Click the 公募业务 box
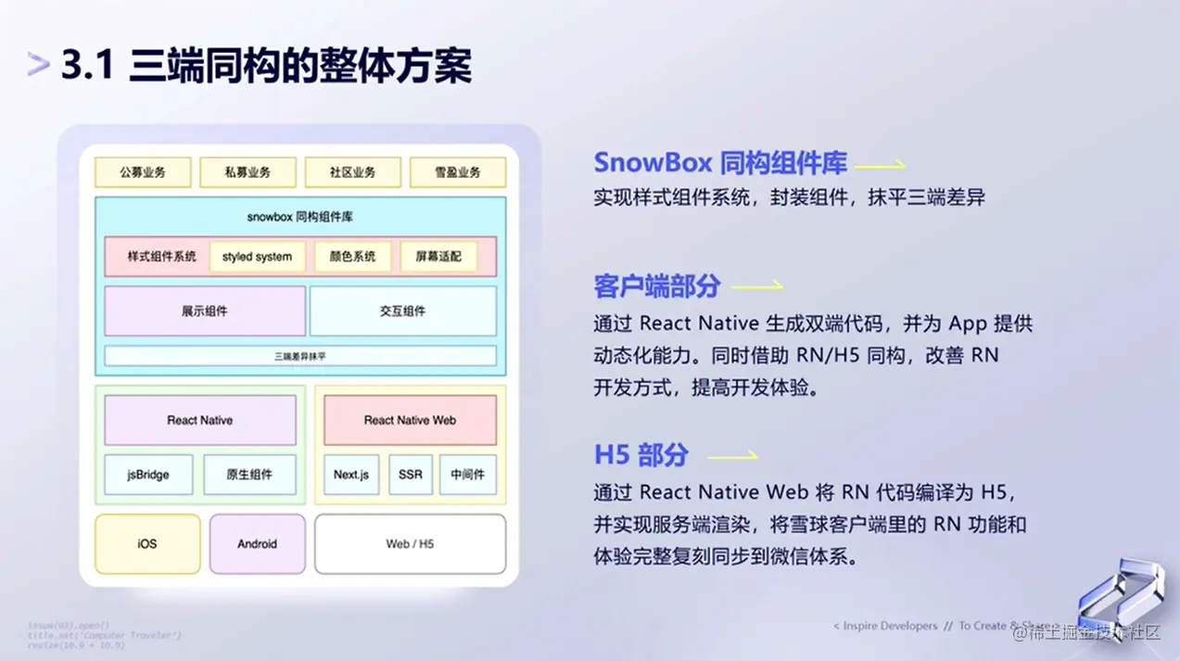(143, 172)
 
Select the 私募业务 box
(247, 172)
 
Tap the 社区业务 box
(352, 172)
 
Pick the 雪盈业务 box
(458, 172)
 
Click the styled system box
(257, 257)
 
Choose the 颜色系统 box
(352, 257)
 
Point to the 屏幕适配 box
(438, 257)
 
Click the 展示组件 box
(205, 311)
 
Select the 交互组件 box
(402, 311)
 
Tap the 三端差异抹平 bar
(299, 356)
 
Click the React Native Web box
(410, 421)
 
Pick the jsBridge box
(148, 475)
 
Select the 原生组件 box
(249, 475)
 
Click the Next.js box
(351, 475)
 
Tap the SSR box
(410, 475)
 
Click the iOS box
(147, 544)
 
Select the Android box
(257, 544)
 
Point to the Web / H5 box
(410, 544)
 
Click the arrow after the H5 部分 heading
(732, 455)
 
